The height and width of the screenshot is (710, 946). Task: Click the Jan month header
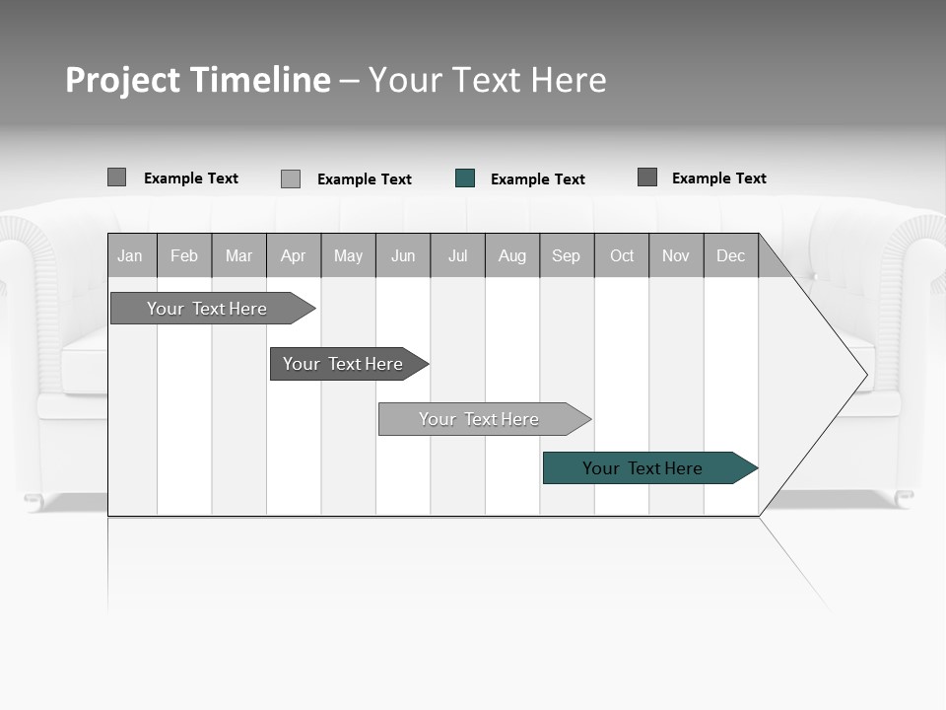[x=131, y=255]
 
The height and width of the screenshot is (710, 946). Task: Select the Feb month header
[x=184, y=255]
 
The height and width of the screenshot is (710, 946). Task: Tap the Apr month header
[x=294, y=255]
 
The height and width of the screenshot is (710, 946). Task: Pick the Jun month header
[x=403, y=255]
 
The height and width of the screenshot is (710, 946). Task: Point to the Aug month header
[x=512, y=255]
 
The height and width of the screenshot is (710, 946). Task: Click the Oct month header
[x=622, y=255]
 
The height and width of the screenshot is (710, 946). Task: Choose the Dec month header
[x=731, y=255]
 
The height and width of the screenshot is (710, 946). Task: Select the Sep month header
[x=567, y=255]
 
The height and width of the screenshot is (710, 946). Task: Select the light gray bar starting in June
[x=480, y=419]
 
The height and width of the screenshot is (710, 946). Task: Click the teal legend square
[x=465, y=178]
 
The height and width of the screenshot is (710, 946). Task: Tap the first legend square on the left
[x=116, y=177]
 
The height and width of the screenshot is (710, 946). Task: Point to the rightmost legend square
[x=647, y=177]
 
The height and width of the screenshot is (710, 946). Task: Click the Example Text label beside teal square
[x=538, y=179]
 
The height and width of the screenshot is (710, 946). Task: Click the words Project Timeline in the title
[x=198, y=80]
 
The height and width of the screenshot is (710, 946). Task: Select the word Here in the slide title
[x=569, y=80]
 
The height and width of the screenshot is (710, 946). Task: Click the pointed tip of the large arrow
[x=865, y=375]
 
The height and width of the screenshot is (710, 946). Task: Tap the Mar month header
[x=239, y=255]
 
